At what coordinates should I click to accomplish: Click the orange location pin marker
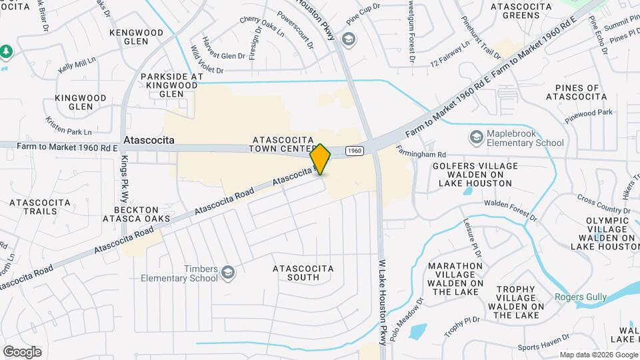pos(321,159)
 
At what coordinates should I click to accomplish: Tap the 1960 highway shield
pos(355,151)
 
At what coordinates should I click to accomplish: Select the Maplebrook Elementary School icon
pos(476,137)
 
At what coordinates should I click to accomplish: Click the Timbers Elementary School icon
pos(228,273)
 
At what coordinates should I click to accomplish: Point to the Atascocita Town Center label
pos(283,144)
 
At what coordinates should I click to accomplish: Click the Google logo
pos(22,351)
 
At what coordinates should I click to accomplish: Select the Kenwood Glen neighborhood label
pos(136,37)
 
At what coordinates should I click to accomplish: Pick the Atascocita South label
pos(301,273)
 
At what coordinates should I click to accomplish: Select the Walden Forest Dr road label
pos(510,209)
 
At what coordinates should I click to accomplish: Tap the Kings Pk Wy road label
pos(124,179)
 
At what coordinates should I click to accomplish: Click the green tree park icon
pos(6,51)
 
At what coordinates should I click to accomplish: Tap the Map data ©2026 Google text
pos(598,355)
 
